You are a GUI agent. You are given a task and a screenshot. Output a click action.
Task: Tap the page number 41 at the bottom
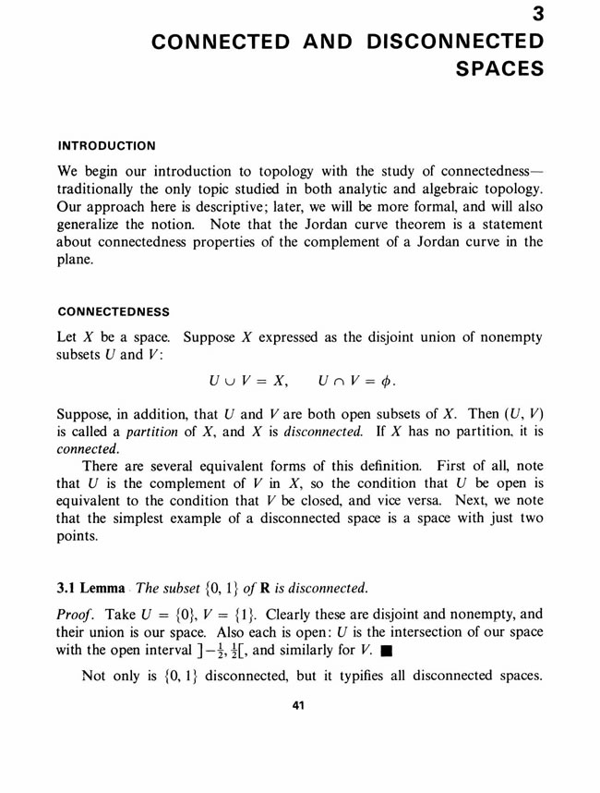[298, 706]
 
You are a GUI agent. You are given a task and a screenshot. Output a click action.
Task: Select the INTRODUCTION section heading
[107, 145]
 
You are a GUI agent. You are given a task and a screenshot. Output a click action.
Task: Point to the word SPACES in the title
[499, 68]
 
